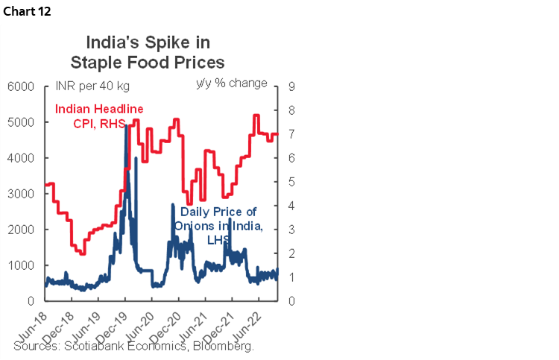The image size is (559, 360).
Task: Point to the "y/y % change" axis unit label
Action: coord(231,83)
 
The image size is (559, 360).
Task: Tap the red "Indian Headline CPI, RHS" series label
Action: coord(99,116)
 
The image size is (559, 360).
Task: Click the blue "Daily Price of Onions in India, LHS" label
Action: coord(218,225)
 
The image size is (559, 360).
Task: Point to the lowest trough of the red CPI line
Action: coord(82,253)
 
